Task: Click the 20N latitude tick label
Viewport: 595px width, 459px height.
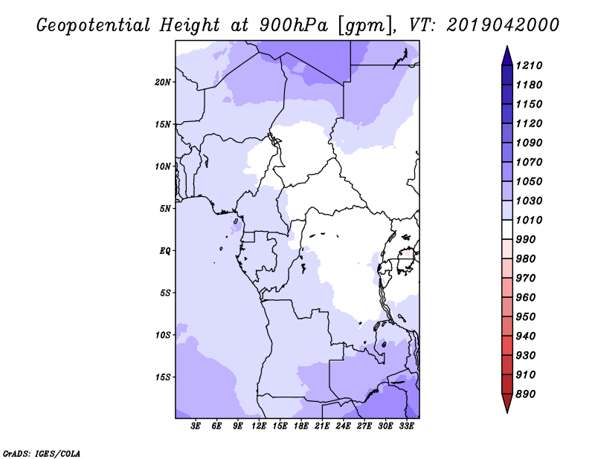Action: click(x=163, y=82)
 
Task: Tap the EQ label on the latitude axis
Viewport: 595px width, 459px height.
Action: click(x=165, y=251)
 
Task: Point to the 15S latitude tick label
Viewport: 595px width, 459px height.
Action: click(x=163, y=377)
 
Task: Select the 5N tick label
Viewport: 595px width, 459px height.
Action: click(x=165, y=209)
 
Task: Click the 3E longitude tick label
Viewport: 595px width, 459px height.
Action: click(x=196, y=426)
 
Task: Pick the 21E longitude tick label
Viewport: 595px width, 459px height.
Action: click(x=322, y=426)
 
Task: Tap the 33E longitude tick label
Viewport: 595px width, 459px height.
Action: click(x=406, y=426)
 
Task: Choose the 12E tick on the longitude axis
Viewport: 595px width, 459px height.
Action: click(x=258, y=426)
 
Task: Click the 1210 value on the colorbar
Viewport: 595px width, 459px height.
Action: click(x=529, y=65)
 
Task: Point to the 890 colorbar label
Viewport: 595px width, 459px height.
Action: click(x=526, y=394)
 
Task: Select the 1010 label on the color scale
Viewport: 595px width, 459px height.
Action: click(x=529, y=220)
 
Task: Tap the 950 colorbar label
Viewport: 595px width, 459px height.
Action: click(x=526, y=317)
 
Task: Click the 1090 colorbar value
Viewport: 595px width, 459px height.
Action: click(x=529, y=143)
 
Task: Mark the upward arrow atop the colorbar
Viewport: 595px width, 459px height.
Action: click(x=507, y=56)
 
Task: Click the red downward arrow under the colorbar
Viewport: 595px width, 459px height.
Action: click(x=507, y=403)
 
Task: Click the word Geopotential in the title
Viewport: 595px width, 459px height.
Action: click(x=94, y=25)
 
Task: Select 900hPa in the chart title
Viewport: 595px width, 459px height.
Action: click(x=294, y=25)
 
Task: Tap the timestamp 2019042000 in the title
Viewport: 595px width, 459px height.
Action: click(x=503, y=25)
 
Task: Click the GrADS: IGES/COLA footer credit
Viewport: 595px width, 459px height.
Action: click(x=42, y=454)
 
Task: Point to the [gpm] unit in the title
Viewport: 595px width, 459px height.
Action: click(x=364, y=26)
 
